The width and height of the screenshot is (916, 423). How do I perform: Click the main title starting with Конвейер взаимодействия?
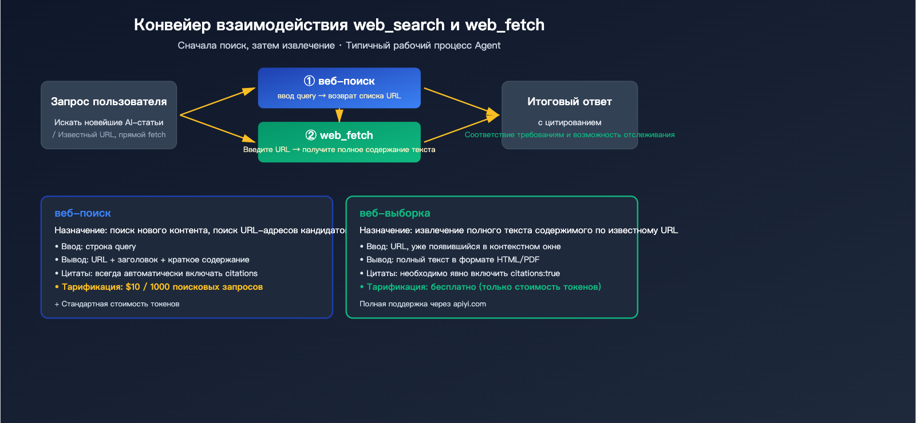pyautogui.click(x=339, y=25)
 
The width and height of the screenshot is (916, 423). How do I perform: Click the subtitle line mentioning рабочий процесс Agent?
pyautogui.click(x=339, y=45)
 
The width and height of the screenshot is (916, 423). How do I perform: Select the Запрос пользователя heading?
pyautogui.click(x=109, y=102)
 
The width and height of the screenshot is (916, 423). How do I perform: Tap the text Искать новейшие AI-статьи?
pyautogui.click(x=109, y=122)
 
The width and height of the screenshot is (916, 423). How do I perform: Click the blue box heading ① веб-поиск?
pyautogui.click(x=339, y=81)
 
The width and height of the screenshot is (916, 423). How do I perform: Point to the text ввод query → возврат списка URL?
pyautogui.click(x=339, y=96)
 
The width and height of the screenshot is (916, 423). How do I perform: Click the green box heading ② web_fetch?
pyautogui.click(x=339, y=135)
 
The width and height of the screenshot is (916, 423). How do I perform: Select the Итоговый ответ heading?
pyautogui.click(x=570, y=102)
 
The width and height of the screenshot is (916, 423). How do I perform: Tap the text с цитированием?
pyautogui.click(x=570, y=122)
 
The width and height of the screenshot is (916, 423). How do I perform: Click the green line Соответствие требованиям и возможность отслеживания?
pyautogui.click(x=570, y=135)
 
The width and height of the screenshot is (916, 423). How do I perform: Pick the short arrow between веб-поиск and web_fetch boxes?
pyautogui.click(x=339, y=115)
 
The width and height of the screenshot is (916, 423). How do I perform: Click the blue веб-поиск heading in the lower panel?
pyautogui.click(x=82, y=213)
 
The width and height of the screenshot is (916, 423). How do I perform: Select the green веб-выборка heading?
pyautogui.click(x=394, y=213)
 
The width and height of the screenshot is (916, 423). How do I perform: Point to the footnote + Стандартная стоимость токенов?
pyautogui.click(x=117, y=304)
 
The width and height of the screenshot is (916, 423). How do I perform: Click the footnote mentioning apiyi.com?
pyautogui.click(x=423, y=304)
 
